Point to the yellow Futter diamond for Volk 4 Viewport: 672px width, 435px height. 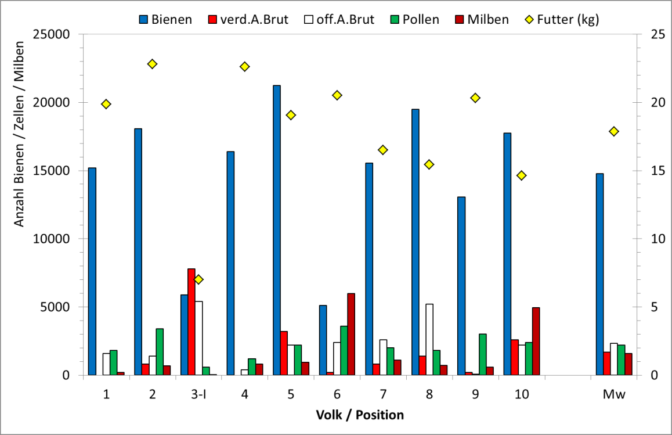coord(245,67)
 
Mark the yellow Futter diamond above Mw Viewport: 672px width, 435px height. coord(614,131)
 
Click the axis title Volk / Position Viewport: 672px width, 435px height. coord(360,415)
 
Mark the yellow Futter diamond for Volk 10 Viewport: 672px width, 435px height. coord(522,175)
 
